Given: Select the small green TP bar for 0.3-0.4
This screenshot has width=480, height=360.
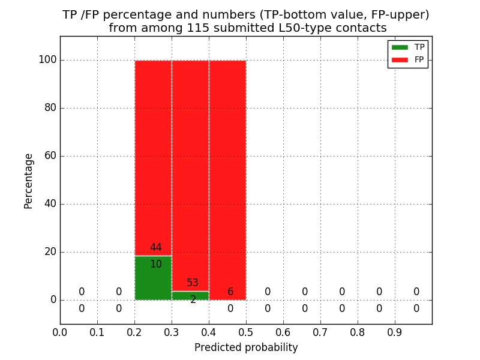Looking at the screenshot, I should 190,295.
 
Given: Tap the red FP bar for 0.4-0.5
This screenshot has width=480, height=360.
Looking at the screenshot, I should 227,180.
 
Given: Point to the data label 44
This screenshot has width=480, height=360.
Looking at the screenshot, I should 156,248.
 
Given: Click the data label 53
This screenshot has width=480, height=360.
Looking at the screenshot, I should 193,283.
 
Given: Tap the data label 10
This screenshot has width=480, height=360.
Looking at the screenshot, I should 156,265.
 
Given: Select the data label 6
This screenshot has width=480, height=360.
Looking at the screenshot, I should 230,292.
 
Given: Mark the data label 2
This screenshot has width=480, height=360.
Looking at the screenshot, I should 193,300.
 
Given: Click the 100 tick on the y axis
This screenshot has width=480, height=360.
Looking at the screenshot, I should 47,60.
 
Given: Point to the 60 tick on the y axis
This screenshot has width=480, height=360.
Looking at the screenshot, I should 50,156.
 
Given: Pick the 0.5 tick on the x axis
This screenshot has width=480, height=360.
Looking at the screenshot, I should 246,332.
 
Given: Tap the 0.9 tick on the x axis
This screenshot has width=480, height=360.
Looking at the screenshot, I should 395,332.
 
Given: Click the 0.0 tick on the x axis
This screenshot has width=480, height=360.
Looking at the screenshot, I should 60,332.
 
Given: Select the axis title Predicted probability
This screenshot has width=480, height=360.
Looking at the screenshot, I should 246,347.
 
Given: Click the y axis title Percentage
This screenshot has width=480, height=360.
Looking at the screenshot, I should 29,181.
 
